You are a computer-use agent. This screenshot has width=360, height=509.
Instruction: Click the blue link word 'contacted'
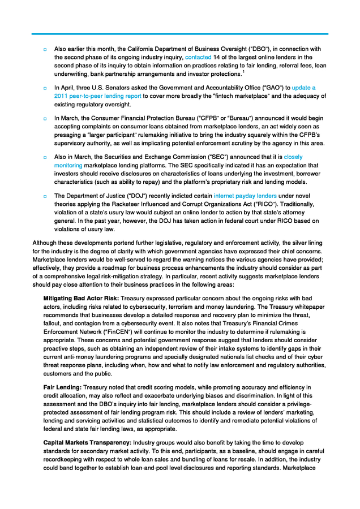tap(198, 58)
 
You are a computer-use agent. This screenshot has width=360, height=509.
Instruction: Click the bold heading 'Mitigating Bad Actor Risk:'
tap(82, 297)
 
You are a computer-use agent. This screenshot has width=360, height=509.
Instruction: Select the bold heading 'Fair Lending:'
tap(62, 387)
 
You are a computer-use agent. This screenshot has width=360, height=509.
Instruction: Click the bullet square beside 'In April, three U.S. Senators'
tap(45, 89)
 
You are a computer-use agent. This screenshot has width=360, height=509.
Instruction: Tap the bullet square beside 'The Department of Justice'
tap(45, 196)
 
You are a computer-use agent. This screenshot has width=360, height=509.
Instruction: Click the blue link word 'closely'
tap(294, 157)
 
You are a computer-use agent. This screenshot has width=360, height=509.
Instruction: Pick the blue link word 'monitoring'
tap(68, 165)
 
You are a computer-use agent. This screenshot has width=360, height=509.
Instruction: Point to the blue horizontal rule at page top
tap(180, 34)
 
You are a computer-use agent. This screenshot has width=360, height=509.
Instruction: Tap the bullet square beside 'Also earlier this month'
tap(45, 50)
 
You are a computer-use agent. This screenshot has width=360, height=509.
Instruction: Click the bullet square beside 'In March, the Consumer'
tap(45, 119)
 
